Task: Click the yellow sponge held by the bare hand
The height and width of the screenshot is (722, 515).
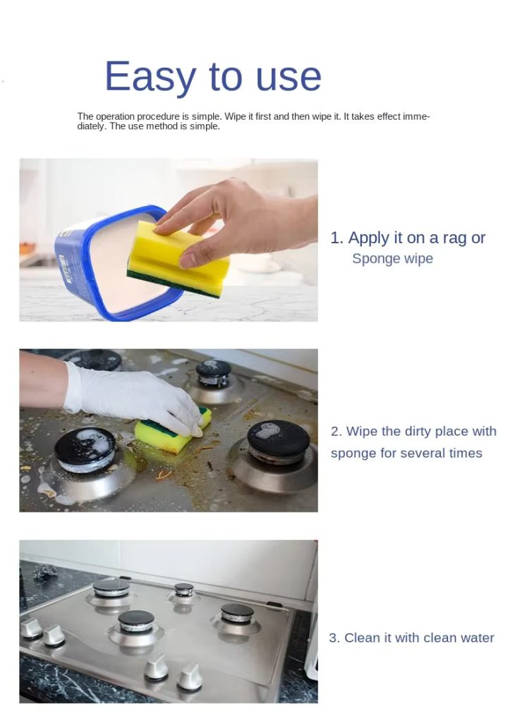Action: tap(178, 259)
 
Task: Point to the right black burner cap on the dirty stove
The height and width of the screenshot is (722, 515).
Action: tap(278, 440)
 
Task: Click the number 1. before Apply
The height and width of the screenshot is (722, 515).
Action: tap(337, 238)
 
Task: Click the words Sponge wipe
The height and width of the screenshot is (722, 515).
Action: tap(392, 259)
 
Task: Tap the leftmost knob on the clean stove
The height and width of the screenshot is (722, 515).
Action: tap(30, 628)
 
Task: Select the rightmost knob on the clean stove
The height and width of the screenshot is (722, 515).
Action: tap(189, 677)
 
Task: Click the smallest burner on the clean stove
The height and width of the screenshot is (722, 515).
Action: tap(184, 590)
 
